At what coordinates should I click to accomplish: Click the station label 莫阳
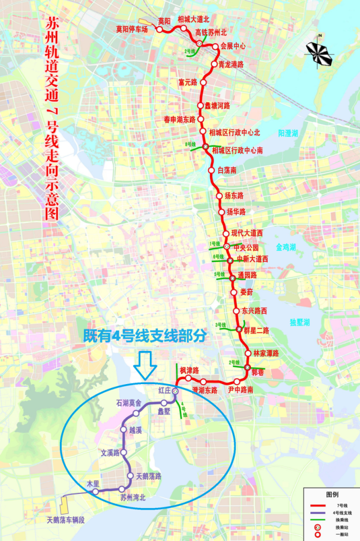164,21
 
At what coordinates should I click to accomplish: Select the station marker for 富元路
203,82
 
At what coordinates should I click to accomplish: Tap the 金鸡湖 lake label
286,247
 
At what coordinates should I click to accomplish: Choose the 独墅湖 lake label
299,322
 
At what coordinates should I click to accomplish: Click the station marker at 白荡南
212,170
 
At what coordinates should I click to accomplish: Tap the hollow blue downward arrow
145,364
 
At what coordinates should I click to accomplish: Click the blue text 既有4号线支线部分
145,336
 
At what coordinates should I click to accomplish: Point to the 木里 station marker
95,492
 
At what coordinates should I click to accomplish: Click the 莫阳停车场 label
132,29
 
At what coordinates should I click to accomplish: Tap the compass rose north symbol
321,50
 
